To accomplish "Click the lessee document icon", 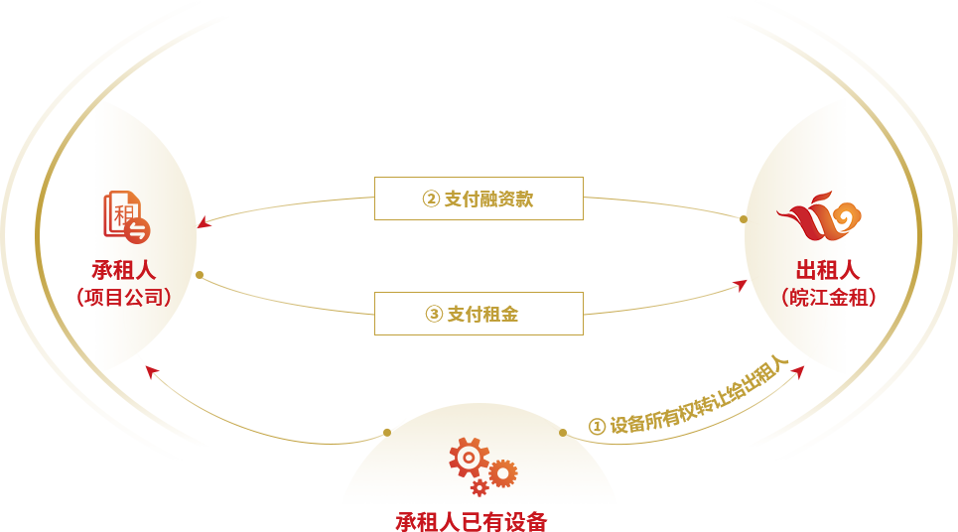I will pyautogui.click(x=124, y=215).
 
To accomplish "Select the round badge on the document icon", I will pyautogui.click(x=138, y=230).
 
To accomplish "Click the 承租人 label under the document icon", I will pyautogui.click(x=124, y=270).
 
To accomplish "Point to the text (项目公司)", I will pyautogui.click(x=124, y=297).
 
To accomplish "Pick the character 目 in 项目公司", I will pyautogui.click(x=114, y=297).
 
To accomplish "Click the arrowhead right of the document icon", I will pyautogui.click(x=204, y=223).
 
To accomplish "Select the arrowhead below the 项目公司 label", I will pyautogui.click(x=151, y=371).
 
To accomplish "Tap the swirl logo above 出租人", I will pyautogui.click(x=820, y=216).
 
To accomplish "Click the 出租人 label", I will pyautogui.click(x=827, y=270).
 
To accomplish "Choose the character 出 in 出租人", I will pyautogui.click(x=806, y=270).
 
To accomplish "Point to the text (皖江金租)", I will pyautogui.click(x=827, y=297).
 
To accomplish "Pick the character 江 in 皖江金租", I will pyautogui.click(x=818, y=297).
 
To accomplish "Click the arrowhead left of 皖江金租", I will pyautogui.click(x=741, y=285).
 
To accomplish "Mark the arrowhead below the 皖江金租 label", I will pyautogui.click(x=798, y=371).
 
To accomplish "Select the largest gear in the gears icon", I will pyautogui.click(x=469, y=457).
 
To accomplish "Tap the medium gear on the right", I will pyautogui.click(x=503, y=473).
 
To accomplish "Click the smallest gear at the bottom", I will pyautogui.click(x=479, y=487).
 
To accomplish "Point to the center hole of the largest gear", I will pyautogui.click(x=469, y=457).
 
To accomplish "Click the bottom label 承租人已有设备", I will pyautogui.click(x=472, y=521).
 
